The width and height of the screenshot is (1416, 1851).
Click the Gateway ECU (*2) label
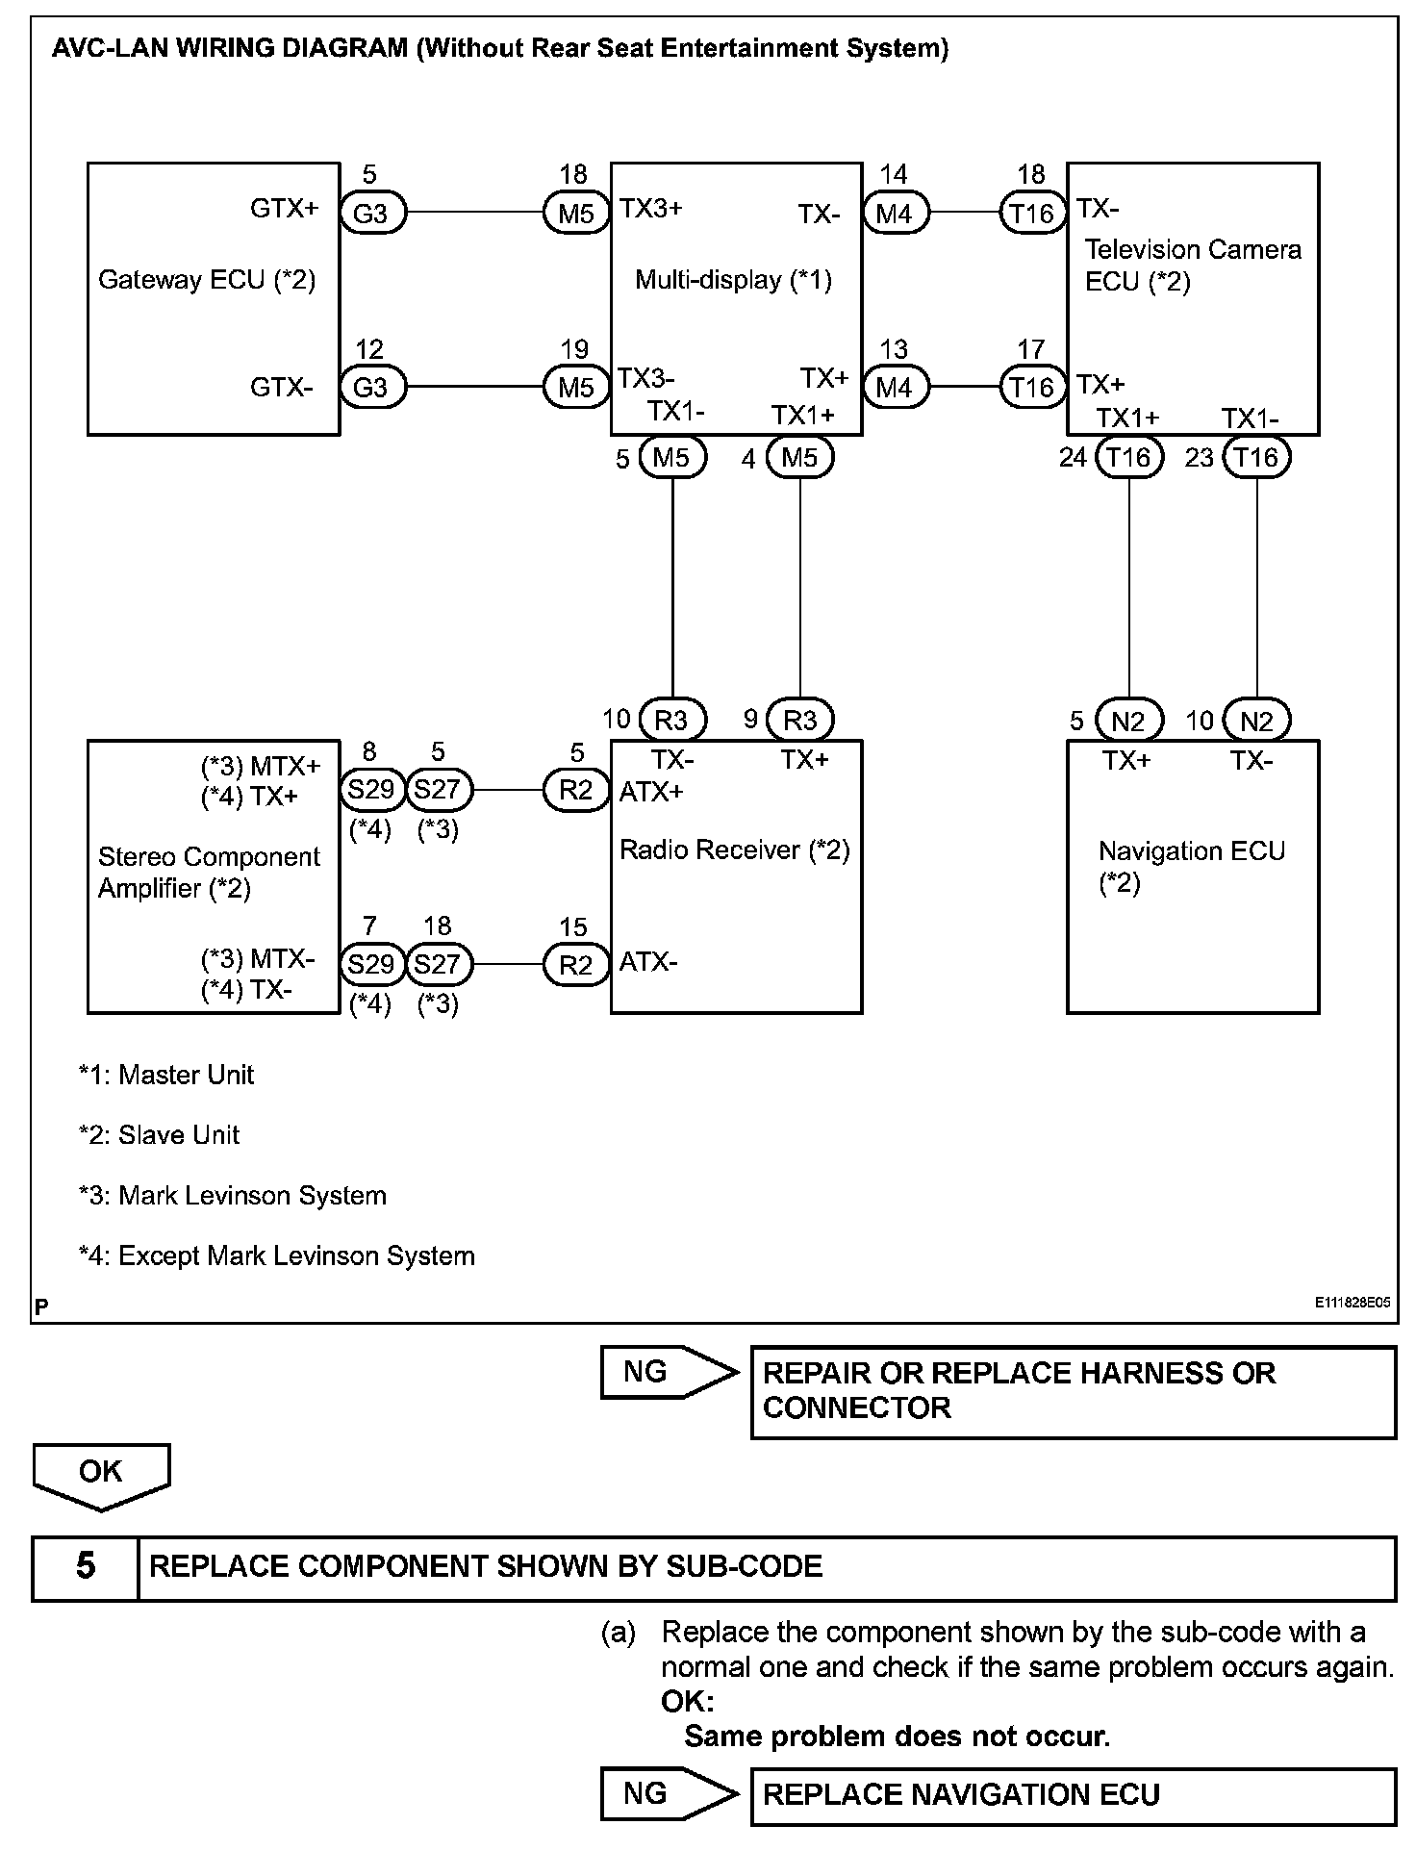click(x=207, y=280)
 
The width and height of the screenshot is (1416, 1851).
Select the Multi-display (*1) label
click(x=733, y=280)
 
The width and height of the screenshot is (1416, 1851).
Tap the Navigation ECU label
click(x=1191, y=851)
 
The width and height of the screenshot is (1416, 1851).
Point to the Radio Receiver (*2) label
click(x=734, y=850)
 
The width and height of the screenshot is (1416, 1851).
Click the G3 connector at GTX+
click(x=372, y=214)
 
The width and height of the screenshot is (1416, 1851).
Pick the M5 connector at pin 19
click(x=576, y=388)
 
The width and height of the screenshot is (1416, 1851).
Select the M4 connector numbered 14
click(x=894, y=214)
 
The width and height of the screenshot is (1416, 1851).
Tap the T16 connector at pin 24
click(x=1128, y=457)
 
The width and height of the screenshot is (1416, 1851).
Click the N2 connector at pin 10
click(x=1256, y=721)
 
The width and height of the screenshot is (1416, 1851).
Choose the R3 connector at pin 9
click(x=799, y=721)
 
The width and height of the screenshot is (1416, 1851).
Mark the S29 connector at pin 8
click(x=371, y=790)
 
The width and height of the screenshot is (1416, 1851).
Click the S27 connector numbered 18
click(x=438, y=964)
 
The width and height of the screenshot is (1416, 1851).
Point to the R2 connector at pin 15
click(x=576, y=965)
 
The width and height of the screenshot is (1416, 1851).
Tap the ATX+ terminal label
click(x=651, y=792)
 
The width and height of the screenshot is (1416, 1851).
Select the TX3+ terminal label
click(x=651, y=209)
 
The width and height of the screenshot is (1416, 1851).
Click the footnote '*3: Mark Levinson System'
click(x=233, y=1196)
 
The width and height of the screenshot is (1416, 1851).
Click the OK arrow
click(x=101, y=1474)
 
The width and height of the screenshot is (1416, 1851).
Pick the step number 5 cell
click(x=86, y=1567)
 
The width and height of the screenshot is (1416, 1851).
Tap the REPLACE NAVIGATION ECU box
click(x=1072, y=1795)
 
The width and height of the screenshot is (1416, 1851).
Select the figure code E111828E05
click(x=1353, y=1303)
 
